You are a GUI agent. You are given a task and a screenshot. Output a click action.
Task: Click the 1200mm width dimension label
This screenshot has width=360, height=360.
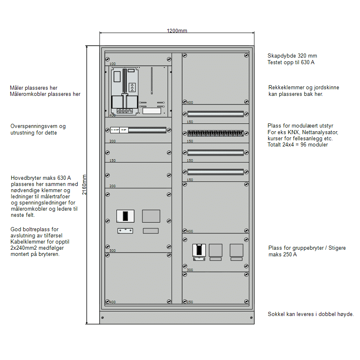coord(177,31)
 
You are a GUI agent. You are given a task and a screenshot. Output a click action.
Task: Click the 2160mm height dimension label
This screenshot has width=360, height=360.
coord(84,185)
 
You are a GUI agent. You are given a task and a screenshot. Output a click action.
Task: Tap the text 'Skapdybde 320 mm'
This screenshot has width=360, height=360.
coord(292,56)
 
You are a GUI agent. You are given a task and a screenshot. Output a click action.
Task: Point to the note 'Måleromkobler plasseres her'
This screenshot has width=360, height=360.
coord(45,94)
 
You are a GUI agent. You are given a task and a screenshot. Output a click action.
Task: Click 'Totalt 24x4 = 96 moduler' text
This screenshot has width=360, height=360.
coord(297,145)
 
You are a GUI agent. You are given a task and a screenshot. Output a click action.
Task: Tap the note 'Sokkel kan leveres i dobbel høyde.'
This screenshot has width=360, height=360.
coord(311,314)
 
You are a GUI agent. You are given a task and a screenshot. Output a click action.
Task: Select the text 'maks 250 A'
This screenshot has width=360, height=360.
coord(283,254)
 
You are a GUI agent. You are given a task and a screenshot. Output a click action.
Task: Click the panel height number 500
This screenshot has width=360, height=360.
coord(112,251)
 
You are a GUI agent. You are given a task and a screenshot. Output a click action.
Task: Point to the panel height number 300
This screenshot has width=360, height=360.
coord(190,270)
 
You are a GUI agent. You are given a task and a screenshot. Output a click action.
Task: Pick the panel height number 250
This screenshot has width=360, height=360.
coord(190,302)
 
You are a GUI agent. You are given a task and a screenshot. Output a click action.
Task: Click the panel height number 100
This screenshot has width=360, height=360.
coord(112,64)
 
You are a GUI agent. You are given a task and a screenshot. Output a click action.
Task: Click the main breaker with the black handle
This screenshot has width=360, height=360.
coord(125,216)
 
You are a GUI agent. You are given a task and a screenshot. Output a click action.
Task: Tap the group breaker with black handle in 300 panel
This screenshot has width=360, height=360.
coord(200,250)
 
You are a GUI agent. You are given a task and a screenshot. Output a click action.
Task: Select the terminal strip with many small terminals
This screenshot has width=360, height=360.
coord(215,133)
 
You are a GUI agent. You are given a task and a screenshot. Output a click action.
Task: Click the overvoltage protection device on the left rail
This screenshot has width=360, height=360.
coord(119,130)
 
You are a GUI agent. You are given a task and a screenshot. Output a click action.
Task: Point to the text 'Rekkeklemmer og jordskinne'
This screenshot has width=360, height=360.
coord(304,88)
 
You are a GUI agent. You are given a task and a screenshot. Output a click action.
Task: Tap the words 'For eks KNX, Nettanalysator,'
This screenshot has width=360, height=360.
coord(303,132)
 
